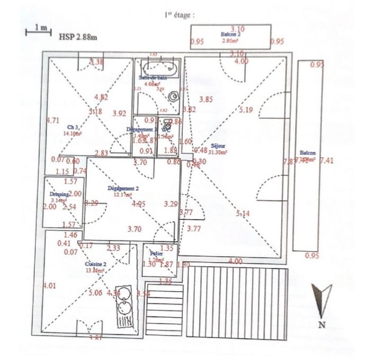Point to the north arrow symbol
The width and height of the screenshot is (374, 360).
[x=322, y=301]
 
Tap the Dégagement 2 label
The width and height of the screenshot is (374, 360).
[x=122, y=188]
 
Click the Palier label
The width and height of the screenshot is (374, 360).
[x=155, y=253]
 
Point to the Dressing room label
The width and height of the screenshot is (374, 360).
[x=53, y=194]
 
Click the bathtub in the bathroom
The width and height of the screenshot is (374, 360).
[x=159, y=68]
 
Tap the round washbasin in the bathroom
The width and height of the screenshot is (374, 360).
[x=173, y=97]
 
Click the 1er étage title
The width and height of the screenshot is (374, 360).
[x=180, y=16]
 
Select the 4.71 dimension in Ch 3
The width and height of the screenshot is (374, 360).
[x=52, y=120]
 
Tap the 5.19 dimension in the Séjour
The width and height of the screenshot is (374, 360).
[x=246, y=110]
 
